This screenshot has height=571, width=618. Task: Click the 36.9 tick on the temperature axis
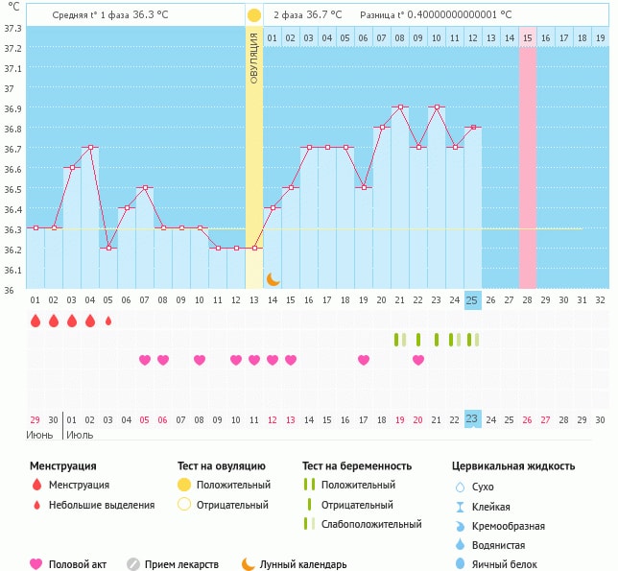11,108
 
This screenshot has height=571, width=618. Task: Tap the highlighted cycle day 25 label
472,300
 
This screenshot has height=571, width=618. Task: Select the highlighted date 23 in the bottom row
472,418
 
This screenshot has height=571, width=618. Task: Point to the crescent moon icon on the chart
273,278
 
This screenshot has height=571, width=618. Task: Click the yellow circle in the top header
253,15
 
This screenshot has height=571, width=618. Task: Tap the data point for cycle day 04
90,148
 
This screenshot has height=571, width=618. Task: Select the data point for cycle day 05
108,248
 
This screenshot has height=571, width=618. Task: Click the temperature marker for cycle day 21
399,107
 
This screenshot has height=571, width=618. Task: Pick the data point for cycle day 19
363,187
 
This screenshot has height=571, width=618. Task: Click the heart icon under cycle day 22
418,360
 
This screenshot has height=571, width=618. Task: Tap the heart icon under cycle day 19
364,360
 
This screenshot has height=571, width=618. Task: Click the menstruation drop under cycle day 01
36,321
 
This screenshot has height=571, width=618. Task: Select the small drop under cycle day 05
108,321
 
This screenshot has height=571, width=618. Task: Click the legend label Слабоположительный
371,524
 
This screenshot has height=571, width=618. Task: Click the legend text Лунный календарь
308,564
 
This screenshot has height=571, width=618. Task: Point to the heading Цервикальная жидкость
512,465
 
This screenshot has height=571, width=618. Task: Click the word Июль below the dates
80,436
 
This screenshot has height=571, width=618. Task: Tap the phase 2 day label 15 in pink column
528,37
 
